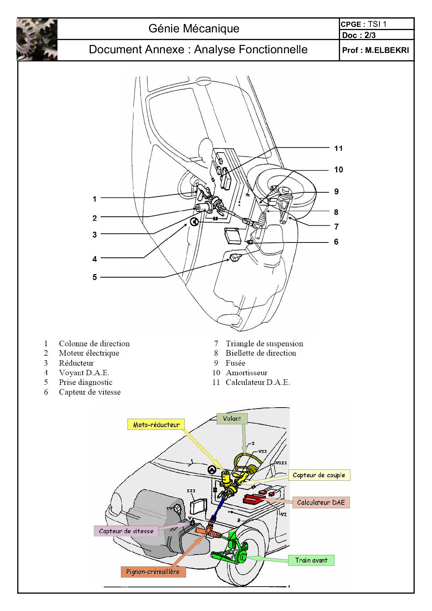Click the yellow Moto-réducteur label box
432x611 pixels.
click(156, 425)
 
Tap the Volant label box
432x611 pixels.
click(232, 419)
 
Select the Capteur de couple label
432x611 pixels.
click(319, 475)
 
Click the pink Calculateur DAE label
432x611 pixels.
click(321, 502)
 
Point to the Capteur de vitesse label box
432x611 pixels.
click(126, 531)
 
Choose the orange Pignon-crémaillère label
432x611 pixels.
click(153, 572)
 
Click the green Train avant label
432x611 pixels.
click(311, 560)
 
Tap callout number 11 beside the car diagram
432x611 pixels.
click(338, 148)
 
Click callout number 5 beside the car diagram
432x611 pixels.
click(94, 277)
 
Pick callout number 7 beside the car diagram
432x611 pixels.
click(336, 227)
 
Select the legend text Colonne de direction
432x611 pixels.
click(94, 343)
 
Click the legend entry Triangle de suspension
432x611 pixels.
click(264, 343)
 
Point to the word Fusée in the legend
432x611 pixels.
click(235, 363)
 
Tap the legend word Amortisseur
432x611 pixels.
click(246, 373)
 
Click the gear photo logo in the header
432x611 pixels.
click(37, 39)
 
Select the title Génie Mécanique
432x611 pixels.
click(194, 29)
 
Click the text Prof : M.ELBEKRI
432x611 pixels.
click(376, 50)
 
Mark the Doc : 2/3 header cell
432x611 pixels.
click(359, 35)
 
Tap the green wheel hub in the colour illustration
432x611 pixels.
click(240, 556)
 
